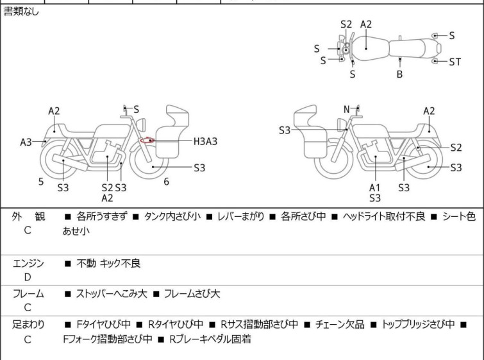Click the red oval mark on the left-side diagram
[147, 141]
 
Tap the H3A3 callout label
[205, 142]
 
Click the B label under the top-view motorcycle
[399, 74]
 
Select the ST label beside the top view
[455, 62]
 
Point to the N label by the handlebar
[347, 109]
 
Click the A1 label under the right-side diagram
[375, 187]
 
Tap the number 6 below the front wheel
[167, 182]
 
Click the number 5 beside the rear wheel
[41, 182]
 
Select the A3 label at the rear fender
[26, 142]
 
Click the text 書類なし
[21, 12]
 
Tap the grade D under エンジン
[28, 277]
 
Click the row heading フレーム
[28, 294]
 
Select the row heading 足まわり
[28, 325]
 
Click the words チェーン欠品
[340, 325]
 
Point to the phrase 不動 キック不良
[108, 263]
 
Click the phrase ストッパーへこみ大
[112, 293]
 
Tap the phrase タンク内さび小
[172, 216]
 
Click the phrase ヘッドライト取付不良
[384, 216]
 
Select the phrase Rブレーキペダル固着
[210, 339]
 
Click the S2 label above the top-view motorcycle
[346, 24]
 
